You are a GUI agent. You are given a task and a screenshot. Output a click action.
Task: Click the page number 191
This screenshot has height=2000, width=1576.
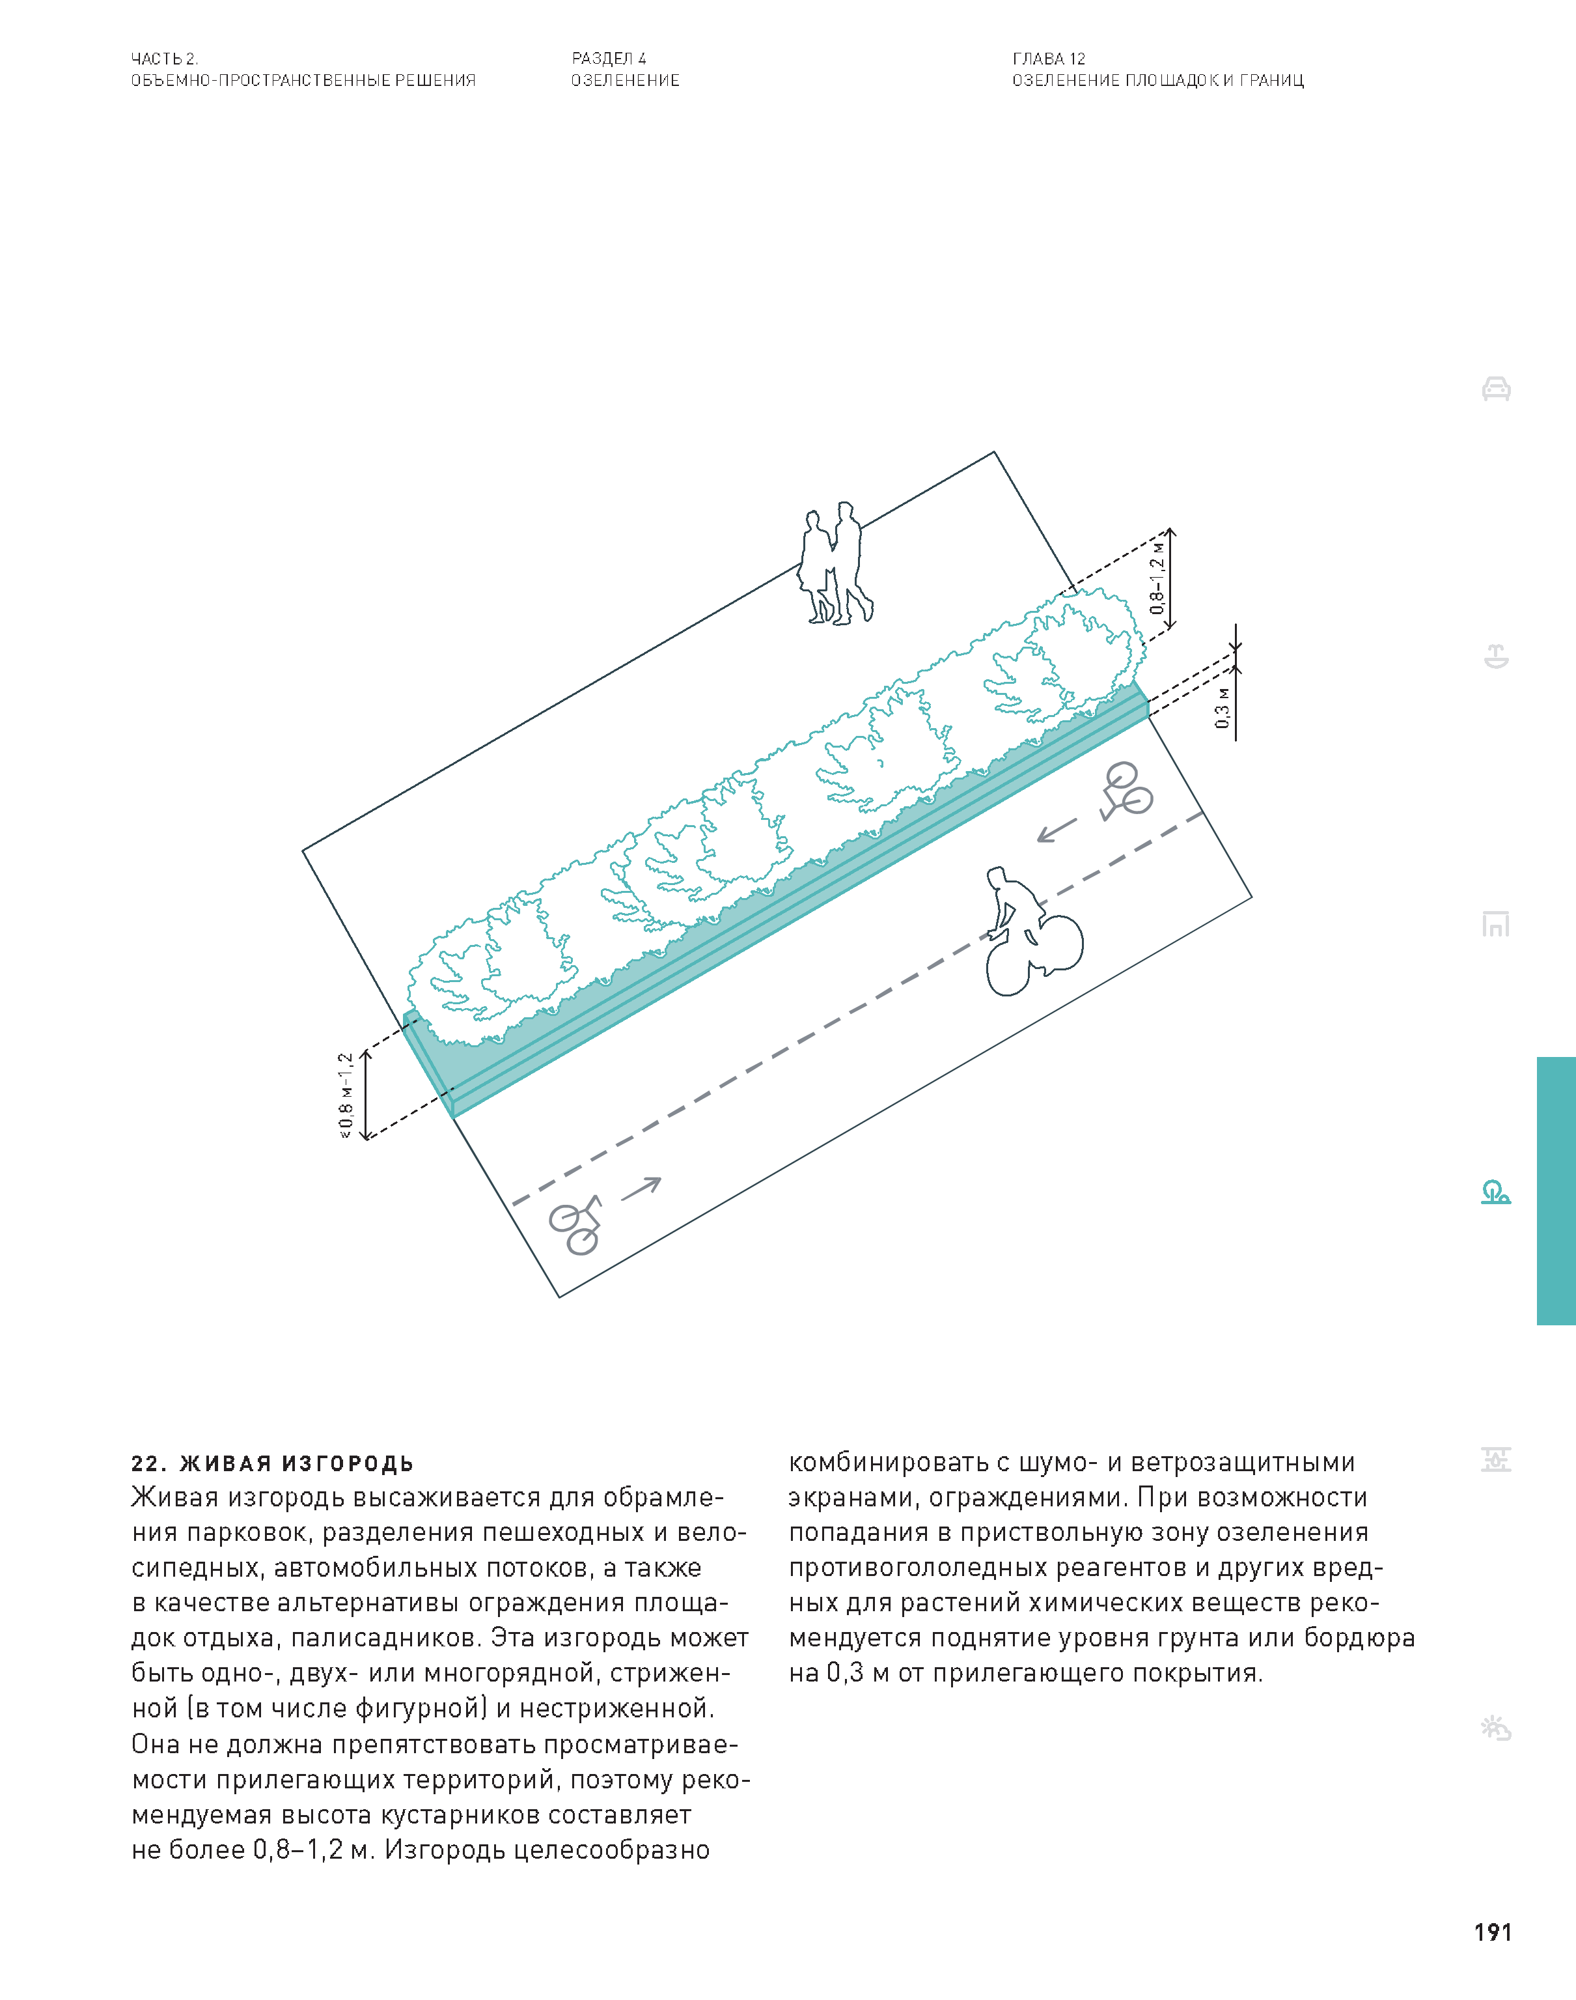(x=1492, y=1932)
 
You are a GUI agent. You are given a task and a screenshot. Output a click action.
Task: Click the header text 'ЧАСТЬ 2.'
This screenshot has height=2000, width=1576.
(x=164, y=58)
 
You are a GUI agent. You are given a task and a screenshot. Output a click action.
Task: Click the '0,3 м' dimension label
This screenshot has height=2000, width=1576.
(x=1223, y=708)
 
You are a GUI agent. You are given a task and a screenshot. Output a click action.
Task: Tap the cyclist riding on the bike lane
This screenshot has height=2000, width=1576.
(x=1032, y=932)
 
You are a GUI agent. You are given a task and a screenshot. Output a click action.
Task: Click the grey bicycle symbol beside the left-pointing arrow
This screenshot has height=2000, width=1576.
(x=1126, y=791)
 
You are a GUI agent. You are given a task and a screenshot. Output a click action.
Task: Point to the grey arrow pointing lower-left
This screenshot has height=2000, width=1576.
(x=1057, y=830)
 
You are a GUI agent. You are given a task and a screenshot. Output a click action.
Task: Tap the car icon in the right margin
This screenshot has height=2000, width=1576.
(x=1496, y=389)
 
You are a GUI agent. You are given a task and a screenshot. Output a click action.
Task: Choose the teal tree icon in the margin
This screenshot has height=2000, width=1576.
(x=1496, y=1192)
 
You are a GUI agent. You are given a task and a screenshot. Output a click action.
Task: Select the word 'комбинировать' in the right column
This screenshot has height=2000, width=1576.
(x=888, y=1462)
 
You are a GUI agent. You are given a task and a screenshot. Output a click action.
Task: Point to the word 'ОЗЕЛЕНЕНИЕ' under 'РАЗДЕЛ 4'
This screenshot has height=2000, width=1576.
(x=626, y=80)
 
